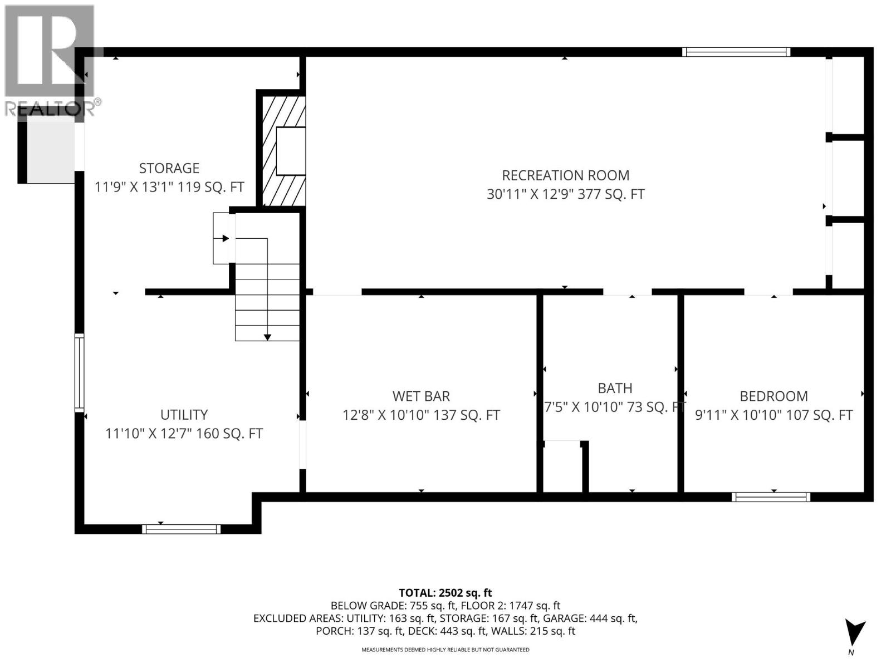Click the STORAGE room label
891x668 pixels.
(x=169, y=168)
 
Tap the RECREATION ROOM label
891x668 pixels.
(x=565, y=175)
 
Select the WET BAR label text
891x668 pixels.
(x=421, y=396)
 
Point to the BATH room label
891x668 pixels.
(x=615, y=388)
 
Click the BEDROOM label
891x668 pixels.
(x=773, y=396)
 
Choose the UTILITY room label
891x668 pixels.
(x=184, y=415)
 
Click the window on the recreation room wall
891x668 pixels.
(x=736, y=52)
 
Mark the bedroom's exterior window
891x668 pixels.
(x=771, y=497)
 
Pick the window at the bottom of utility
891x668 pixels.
(x=181, y=529)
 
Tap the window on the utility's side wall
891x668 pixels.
(x=80, y=372)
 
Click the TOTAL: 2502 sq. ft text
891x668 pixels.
(x=445, y=593)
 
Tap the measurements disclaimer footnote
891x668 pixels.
(x=445, y=650)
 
